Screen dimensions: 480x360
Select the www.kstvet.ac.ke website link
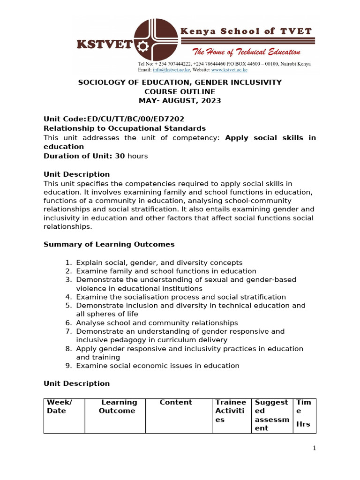(229, 70)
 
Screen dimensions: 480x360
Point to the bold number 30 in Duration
(120, 156)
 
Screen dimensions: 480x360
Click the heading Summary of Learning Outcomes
(109, 244)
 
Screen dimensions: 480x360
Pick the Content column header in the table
(176, 403)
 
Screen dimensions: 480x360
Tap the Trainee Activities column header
(230, 411)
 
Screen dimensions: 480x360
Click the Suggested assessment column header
(271, 415)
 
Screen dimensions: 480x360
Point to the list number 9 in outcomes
(68, 366)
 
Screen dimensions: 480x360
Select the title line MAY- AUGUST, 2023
(180, 100)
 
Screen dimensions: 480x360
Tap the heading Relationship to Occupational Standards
(125, 128)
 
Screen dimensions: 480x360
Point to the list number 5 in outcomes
(68, 306)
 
